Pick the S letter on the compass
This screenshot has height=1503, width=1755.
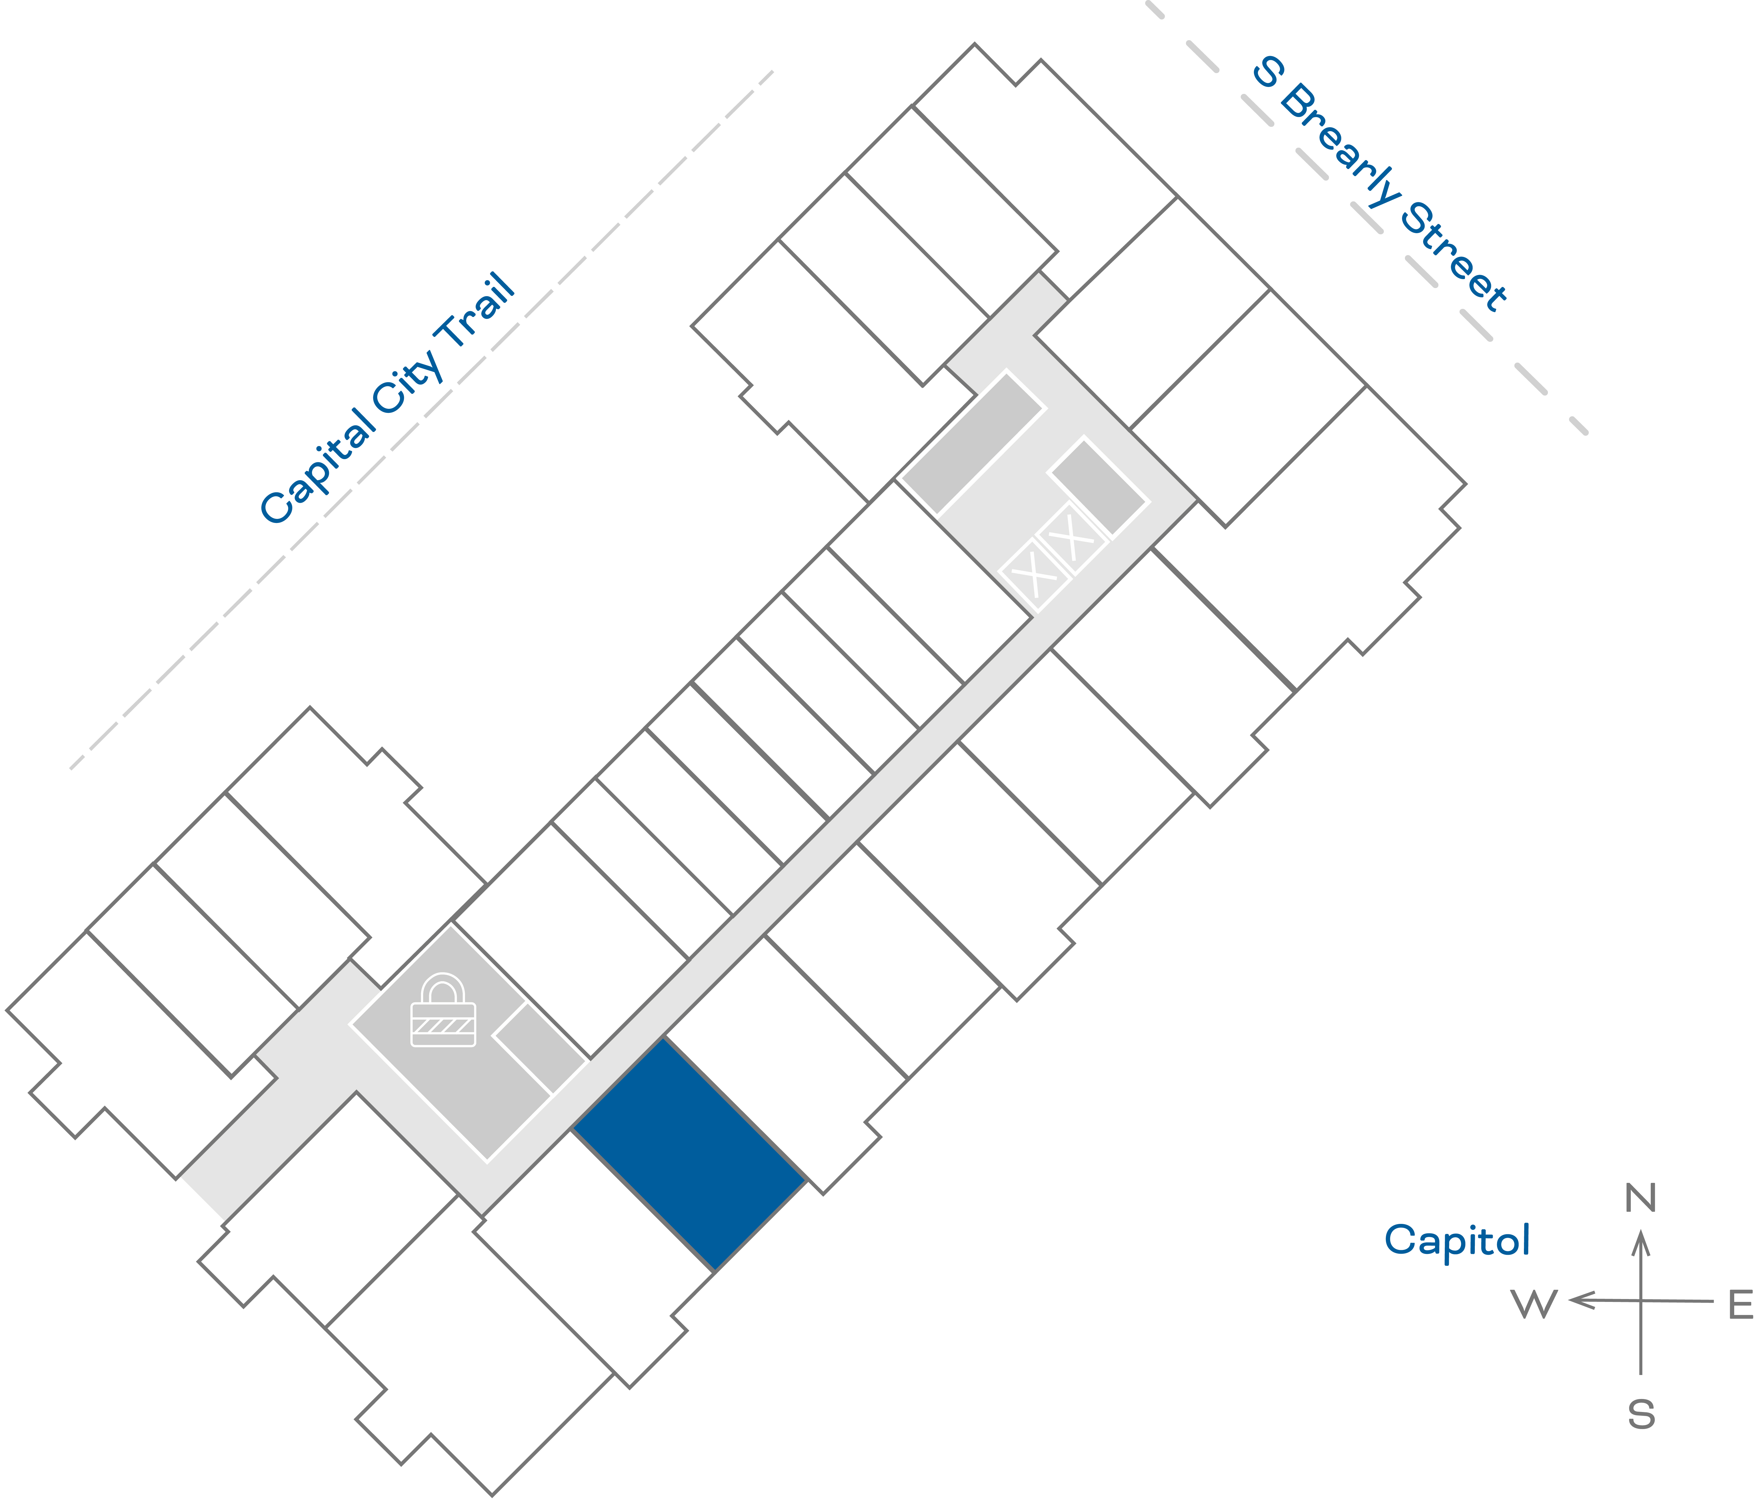(x=1641, y=1415)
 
